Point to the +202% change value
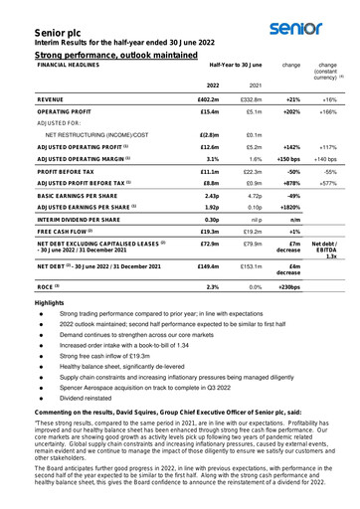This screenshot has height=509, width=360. (x=292, y=112)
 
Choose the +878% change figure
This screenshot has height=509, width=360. (x=292, y=183)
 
